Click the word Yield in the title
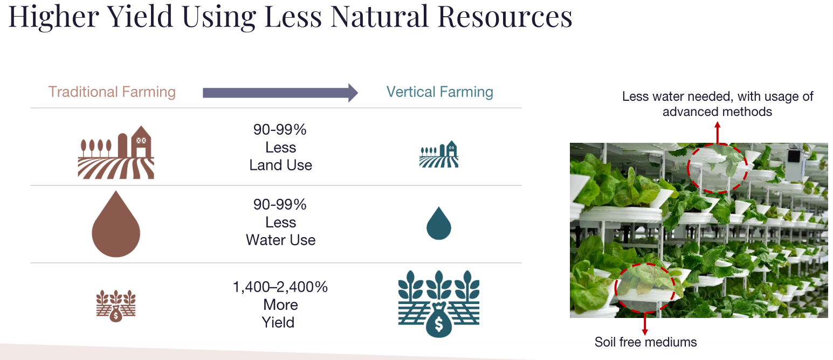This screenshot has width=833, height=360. (140, 17)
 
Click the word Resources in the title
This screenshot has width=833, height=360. (505, 17)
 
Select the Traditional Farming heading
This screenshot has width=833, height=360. (112, 92)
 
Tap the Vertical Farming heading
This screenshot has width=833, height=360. (439, 92)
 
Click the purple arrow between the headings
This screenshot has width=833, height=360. (280, 93)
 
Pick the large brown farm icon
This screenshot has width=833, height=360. (116, 152)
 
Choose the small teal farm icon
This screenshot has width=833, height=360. (439, 154)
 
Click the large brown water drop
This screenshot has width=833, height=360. (116, 224)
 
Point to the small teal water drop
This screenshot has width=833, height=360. (439, 223)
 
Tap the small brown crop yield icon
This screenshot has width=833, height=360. (116, 306)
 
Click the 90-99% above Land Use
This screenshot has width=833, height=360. (280, 129)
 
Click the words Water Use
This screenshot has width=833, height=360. (280, 240)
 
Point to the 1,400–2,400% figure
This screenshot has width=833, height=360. (280, 287)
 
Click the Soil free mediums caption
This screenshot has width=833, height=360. (645, 342)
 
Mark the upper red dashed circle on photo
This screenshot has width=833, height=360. (717, 168)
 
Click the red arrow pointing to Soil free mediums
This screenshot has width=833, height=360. (645, 323)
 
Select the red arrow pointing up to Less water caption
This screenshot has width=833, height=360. (718, 133)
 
